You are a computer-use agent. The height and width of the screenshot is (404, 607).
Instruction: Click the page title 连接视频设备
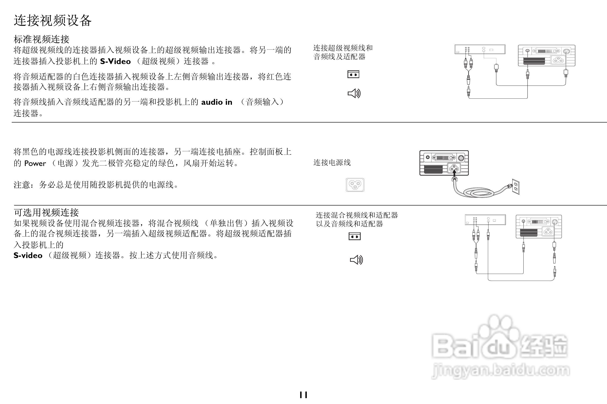53,21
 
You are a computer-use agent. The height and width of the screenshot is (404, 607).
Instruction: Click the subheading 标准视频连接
41,40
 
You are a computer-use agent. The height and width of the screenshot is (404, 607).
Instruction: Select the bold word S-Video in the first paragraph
115,61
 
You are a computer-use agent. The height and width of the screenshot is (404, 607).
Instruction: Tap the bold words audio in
217,102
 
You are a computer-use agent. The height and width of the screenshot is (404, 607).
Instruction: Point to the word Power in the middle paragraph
35,163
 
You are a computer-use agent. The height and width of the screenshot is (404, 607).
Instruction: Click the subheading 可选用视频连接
46,213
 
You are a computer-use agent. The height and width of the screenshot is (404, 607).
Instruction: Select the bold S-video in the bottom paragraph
28,255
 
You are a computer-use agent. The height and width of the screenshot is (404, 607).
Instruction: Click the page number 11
303,395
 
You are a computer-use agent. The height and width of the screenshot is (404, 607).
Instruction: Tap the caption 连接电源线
332,162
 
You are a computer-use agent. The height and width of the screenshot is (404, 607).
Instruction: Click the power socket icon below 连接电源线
355,185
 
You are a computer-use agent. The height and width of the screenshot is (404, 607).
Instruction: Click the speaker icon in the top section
354,93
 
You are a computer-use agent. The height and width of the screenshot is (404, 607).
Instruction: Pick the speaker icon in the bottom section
356,260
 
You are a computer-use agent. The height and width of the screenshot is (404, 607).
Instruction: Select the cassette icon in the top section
353,74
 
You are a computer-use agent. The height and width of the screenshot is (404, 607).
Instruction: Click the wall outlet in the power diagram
516,187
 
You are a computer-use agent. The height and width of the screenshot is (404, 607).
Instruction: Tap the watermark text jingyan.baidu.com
501,371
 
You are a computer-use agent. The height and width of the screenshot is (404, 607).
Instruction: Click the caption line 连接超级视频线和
343,48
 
